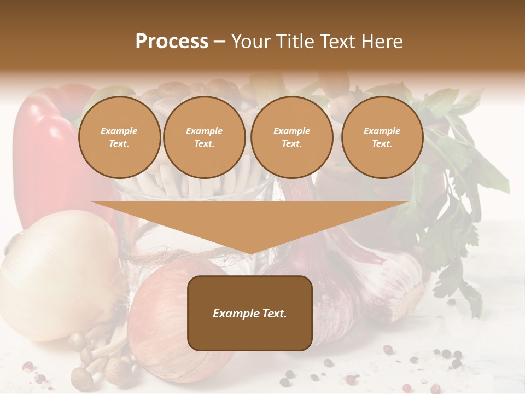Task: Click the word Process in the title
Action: (x=172, y=42)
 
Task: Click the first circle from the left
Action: (x=119, y=137)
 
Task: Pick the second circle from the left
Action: (x=204, y=137)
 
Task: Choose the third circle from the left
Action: (x=291, y=137)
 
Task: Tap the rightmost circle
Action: (x=382, y=137)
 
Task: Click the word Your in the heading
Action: (x=249, y=42)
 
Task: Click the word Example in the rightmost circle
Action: (x=382, y=131)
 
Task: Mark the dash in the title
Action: (x=219, y=42)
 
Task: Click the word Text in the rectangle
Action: (x=274, y=314)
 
